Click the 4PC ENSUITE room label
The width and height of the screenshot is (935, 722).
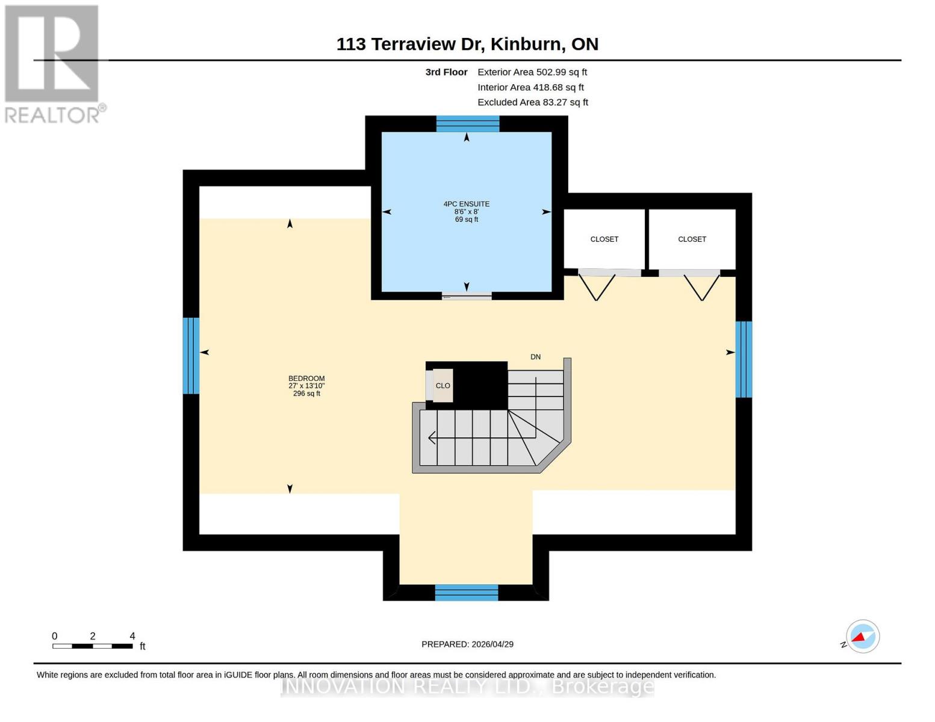(467, 205)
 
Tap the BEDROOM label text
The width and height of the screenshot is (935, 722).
(306, 379)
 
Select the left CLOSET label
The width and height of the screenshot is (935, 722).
(604, 239)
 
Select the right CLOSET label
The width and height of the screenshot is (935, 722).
(692, 239)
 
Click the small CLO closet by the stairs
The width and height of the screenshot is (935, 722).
(443, 386)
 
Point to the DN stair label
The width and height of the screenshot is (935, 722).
(535, 357)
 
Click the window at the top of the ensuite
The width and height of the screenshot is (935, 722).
(468, 124)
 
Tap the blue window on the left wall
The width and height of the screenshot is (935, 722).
(191, 356)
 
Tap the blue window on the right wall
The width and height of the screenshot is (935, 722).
(744, 359)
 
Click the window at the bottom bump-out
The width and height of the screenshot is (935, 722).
(467, 593)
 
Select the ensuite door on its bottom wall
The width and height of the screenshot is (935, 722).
(467, 295)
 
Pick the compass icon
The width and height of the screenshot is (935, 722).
(862, 637)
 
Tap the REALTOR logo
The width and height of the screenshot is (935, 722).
(53, 63)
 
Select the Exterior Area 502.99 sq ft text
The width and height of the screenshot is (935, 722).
(532, 72)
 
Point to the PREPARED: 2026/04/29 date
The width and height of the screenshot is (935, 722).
(467, 644)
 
